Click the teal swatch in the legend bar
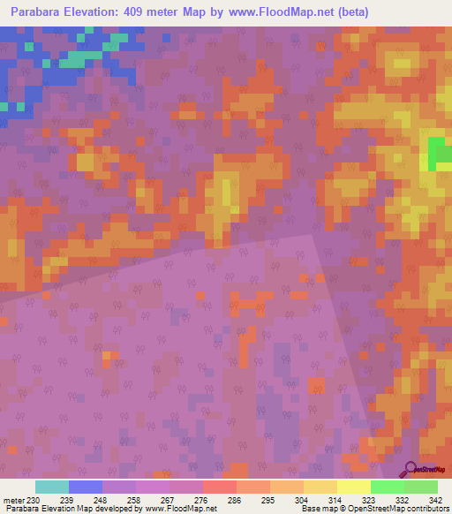pos(52,487)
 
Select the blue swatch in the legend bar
pos(86,487)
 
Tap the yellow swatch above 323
pos(354,487)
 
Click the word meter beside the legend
pos(13,501)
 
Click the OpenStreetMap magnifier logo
pos(411,468)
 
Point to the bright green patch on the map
pos(436,152)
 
